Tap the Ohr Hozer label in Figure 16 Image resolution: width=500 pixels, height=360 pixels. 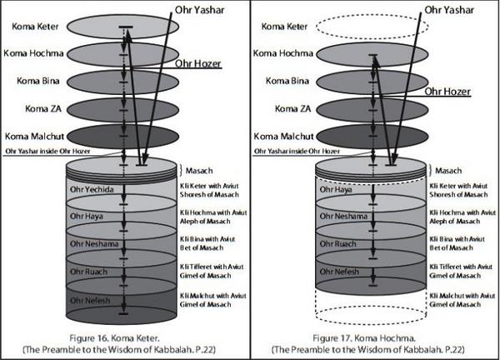193,62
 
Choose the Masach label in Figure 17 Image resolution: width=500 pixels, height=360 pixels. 448,169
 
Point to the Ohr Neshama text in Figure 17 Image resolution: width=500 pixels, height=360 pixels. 347,215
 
